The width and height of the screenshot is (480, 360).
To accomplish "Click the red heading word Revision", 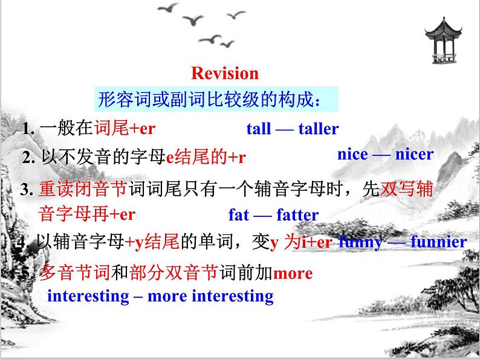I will (224, 74).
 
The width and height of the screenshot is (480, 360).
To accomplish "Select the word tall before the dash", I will (258, 129).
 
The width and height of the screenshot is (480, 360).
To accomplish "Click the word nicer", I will (414, 155).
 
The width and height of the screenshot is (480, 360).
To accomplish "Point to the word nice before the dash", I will (352, 155).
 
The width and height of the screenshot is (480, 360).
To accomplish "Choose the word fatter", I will (297, 215).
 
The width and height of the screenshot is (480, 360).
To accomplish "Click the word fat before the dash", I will (239, 215).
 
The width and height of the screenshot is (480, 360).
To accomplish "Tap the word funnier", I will (438, 242).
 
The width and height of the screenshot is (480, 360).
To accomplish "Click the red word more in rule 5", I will (293, 274).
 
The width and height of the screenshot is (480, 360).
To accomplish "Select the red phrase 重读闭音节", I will (82, 190).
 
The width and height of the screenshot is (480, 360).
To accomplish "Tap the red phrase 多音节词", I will (74, 274).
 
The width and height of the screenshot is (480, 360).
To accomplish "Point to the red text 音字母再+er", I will (86, 214).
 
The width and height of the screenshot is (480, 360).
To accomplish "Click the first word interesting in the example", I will (88, 297).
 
